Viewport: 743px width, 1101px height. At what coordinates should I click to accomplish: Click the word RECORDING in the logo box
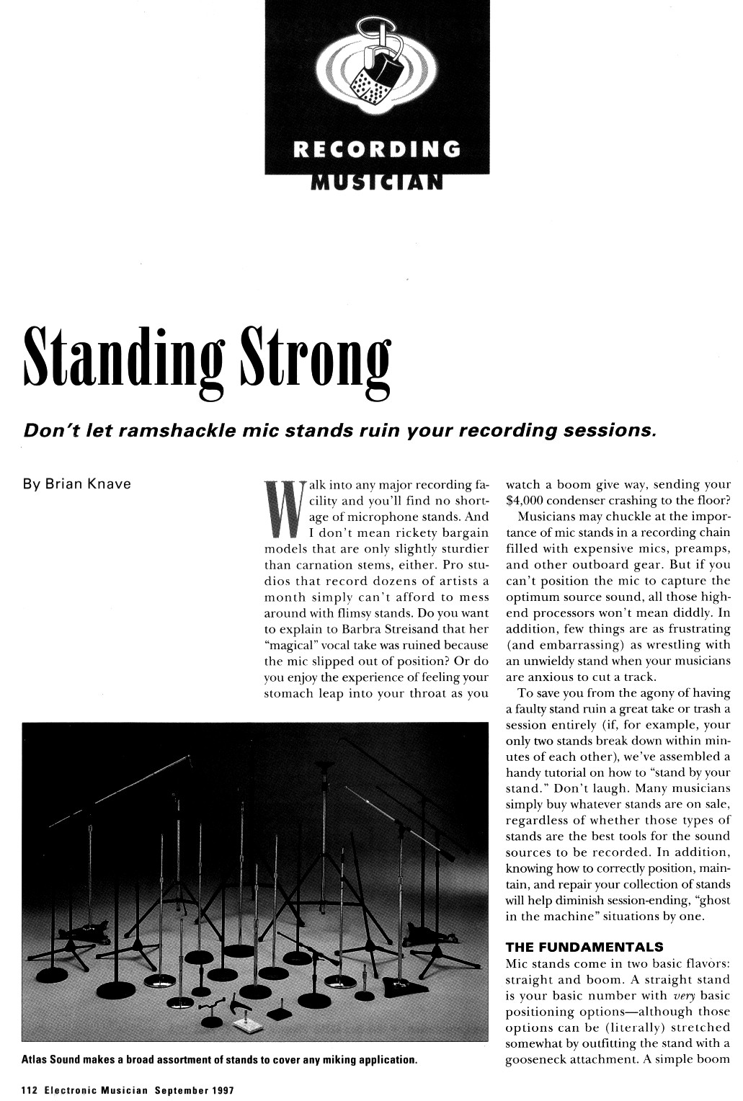(377, 149)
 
